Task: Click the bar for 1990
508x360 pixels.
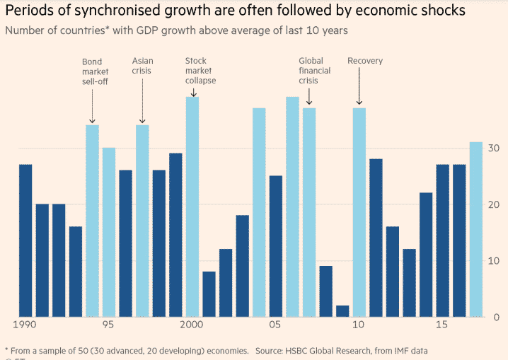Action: (25, 240)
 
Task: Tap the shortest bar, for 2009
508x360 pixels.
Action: (342, 311)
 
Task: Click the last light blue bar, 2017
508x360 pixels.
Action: (476, 229)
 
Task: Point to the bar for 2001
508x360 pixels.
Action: (209, 294)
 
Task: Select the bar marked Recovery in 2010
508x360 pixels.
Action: (359, 212)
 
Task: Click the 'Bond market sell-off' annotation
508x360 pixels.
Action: (93, 71)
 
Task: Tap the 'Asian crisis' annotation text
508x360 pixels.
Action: (142, 66)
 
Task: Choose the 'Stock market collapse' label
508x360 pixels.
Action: (200, 71)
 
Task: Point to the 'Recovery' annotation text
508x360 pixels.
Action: (365, 61)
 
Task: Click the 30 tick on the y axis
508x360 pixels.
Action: (492, 149)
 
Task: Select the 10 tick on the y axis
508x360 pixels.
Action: (492, 261)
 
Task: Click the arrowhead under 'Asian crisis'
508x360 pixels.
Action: (142, 122)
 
